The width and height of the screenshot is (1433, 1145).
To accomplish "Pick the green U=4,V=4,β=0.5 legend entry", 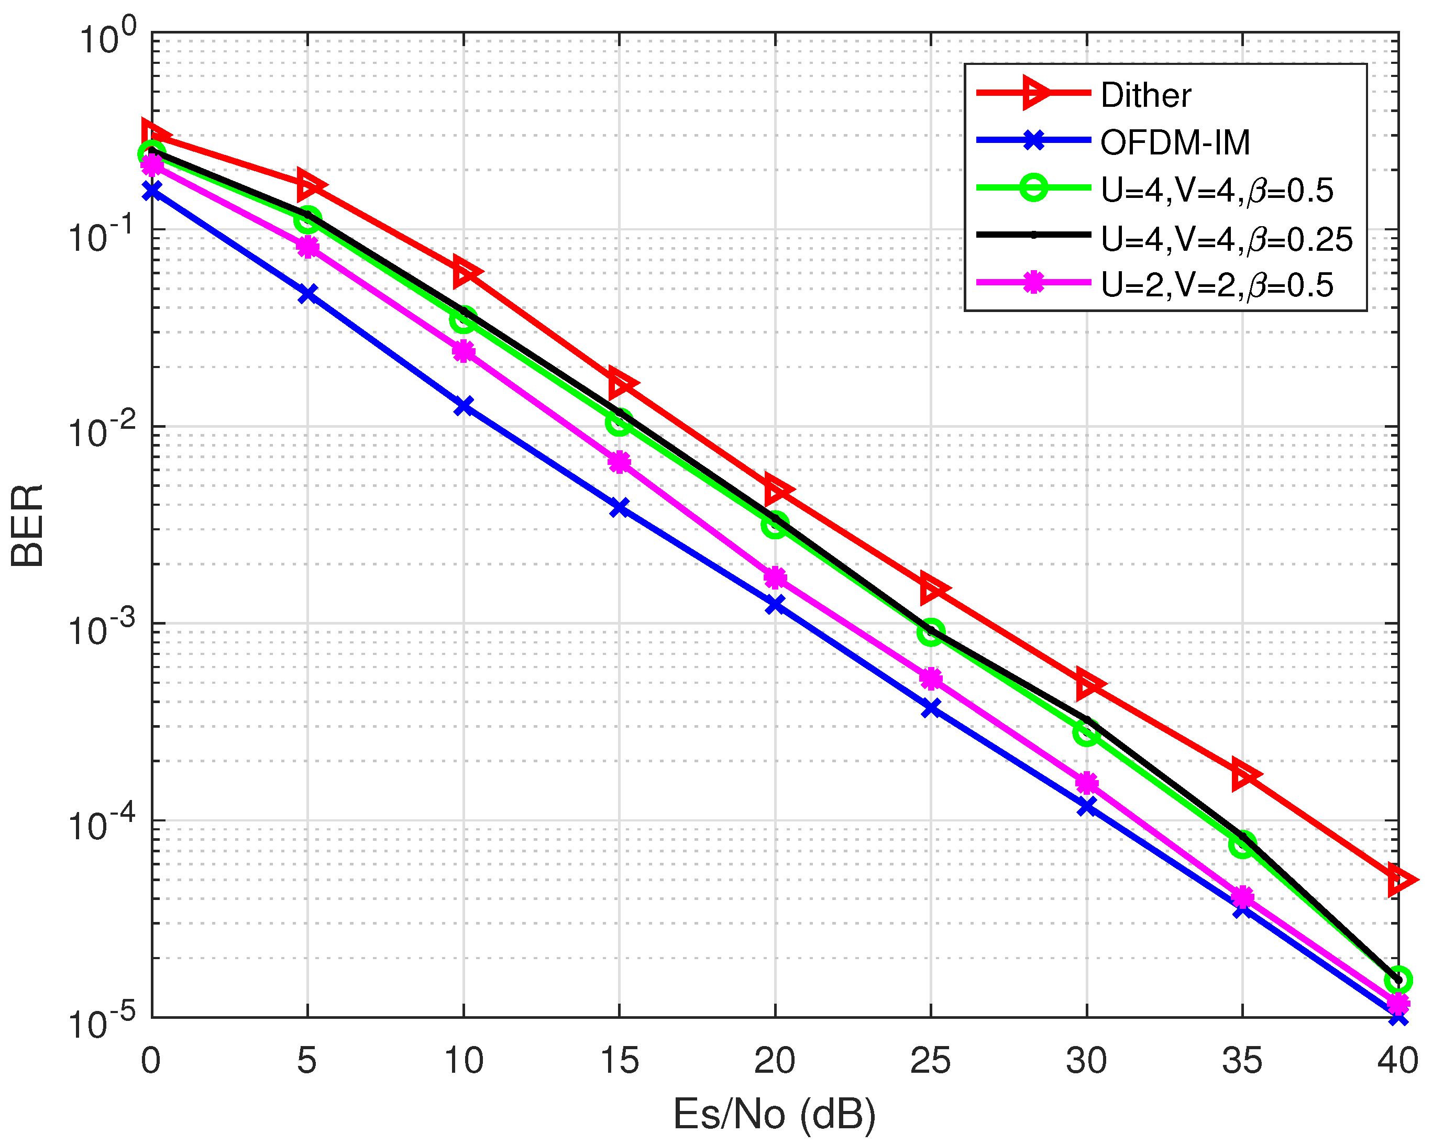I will coord(1216,190).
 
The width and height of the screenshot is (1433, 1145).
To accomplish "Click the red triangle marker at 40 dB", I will coord(1398,880).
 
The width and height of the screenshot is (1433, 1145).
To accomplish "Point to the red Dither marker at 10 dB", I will coord(464,272).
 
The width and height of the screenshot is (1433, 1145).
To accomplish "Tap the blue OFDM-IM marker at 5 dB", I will coord(307,293).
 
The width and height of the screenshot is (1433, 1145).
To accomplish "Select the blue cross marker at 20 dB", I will coord(775,605).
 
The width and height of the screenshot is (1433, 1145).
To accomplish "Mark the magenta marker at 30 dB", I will coord(1087,784).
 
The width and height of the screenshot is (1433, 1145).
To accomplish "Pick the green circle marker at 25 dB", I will coord(931,632).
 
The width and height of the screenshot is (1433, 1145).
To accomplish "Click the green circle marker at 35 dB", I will coord(1242,844).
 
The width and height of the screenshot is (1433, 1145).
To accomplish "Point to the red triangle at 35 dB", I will coord(1242,774).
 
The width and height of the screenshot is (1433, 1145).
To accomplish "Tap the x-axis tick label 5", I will coord(306,1061).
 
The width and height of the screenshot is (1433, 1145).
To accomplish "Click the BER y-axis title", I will coord(28,525).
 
